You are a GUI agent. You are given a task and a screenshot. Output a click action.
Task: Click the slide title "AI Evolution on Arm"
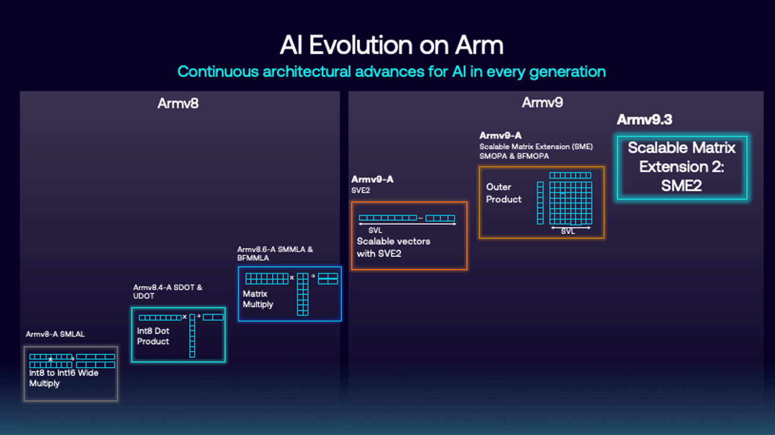point(391,45)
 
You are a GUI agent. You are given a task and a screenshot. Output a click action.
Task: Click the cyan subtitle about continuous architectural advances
point(391,72)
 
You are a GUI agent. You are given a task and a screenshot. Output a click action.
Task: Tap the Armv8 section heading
point(178,104)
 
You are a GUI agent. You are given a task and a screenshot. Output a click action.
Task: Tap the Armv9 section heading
point(542,103)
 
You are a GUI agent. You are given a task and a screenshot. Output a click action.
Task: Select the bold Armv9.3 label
point(644,120)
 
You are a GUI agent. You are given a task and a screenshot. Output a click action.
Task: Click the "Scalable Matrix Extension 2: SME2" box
point(681,167)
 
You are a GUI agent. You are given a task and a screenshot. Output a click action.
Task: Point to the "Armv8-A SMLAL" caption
point(55,334)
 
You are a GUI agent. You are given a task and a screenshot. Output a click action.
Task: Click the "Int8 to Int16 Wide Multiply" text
point(63,378)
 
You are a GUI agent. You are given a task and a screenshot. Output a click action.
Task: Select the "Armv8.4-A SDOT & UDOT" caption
point(167,291)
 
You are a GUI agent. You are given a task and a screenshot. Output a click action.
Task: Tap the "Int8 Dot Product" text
point(153,336)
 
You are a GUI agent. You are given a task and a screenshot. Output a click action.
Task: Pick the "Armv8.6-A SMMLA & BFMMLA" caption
point(275,253)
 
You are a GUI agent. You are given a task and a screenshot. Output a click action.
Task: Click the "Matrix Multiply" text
point(258,299)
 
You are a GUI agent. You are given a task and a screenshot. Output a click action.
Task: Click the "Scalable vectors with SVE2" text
point(393,247)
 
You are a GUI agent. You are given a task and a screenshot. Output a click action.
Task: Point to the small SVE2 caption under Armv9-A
point(361,191)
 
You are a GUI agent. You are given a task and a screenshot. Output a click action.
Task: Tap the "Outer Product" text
point(503,193)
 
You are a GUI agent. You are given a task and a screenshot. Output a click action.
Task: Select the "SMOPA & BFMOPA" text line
point(514,156)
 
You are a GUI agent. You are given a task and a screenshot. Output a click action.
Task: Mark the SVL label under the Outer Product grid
point(568,232)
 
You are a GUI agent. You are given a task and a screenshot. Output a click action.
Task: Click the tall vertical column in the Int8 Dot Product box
point(192,336)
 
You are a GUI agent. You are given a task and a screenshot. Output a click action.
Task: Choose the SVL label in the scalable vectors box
point(375,230)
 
